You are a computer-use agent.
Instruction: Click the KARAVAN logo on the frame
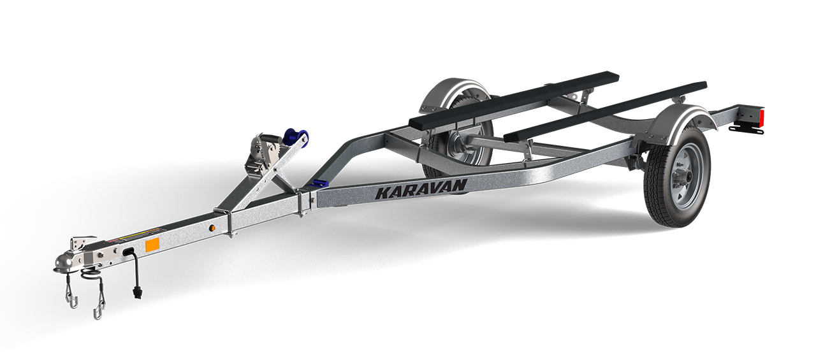pyautogui.click(x=421, y=189)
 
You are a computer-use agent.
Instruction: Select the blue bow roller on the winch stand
pyautogui.click(x=295, y=137)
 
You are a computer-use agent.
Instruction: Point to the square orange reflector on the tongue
pyautogui.click(x=152, y=245)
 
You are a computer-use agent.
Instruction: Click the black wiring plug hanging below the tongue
pyautogui.click(x=136, y=292)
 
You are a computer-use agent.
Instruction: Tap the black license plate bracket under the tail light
pyautogui.click(x=746, y=129)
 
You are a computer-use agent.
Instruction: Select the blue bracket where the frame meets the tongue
pyautogui.click(x=316, y=184)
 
